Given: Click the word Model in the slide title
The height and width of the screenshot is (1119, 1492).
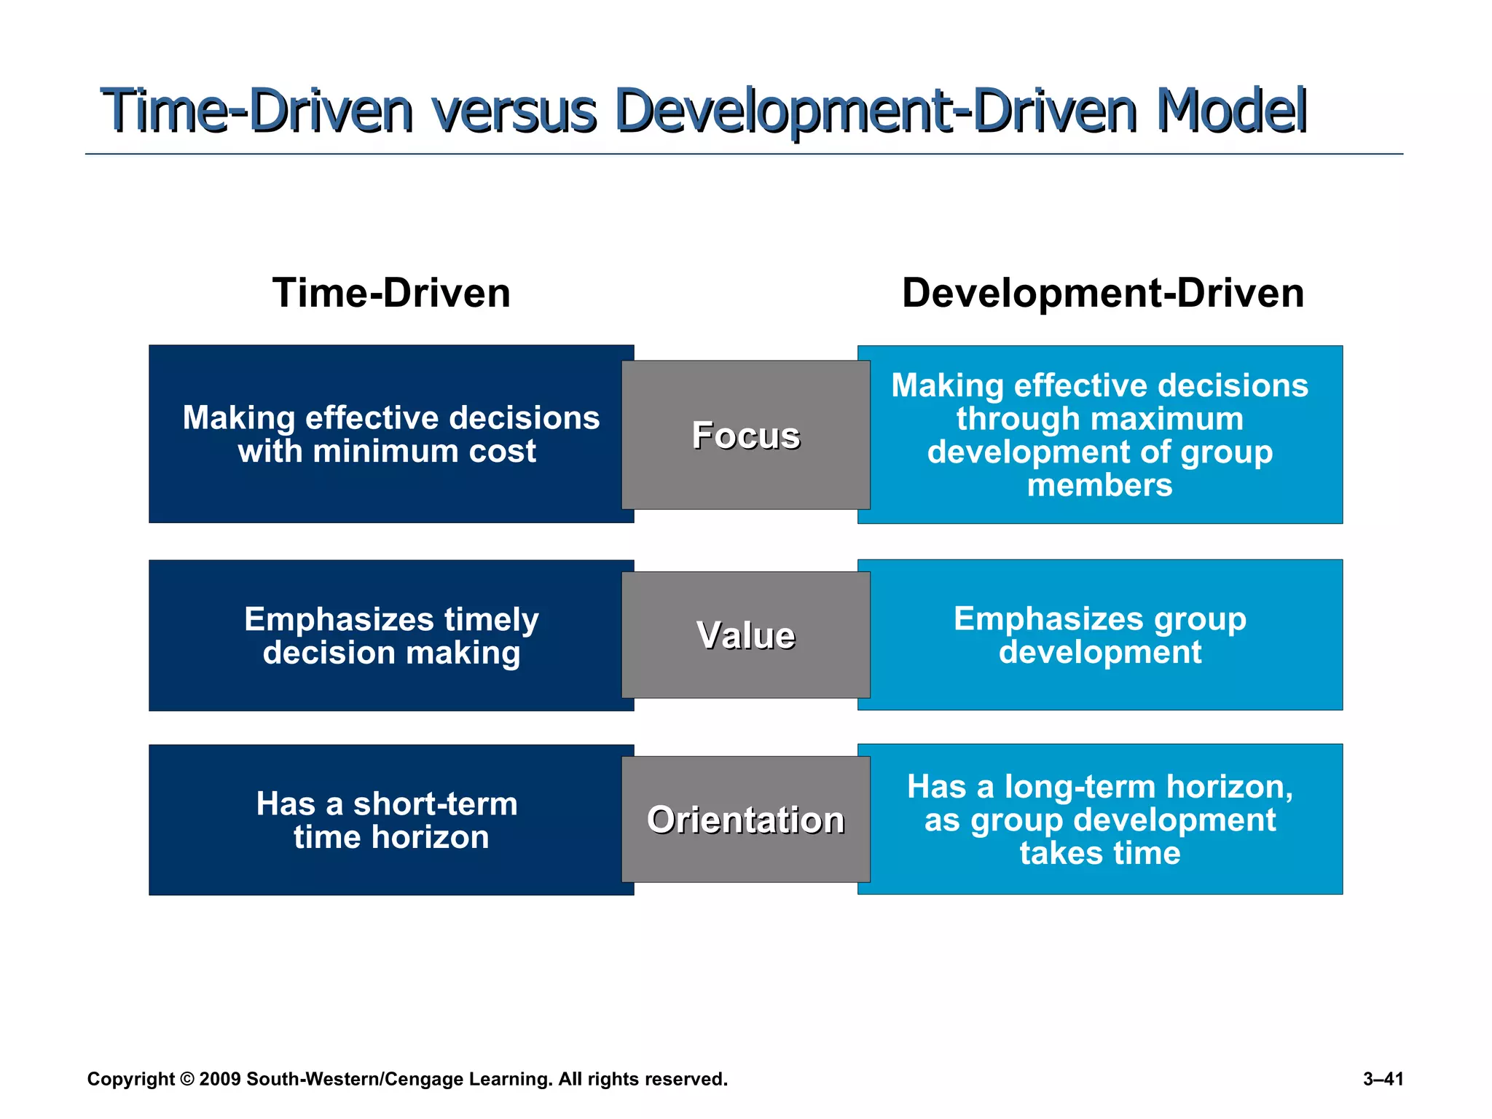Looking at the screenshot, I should click(1231, 111).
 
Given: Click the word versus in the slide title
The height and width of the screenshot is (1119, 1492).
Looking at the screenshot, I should click(514, 111).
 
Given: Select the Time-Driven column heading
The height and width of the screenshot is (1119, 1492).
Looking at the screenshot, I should click(391, 293).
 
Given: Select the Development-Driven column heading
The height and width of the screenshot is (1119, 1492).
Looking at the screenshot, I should click(1102, 293).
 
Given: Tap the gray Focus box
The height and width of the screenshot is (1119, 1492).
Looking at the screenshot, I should click(745, 435).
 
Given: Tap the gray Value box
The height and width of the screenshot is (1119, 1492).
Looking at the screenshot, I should click(745, 635).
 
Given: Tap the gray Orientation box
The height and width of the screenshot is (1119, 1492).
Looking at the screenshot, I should click(745, 820).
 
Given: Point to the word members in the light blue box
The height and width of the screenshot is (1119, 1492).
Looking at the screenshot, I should click(1099, 485).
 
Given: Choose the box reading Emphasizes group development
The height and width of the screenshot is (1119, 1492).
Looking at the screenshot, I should click(1099, 635).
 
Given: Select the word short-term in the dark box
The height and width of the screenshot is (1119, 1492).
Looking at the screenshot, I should click(435, 804).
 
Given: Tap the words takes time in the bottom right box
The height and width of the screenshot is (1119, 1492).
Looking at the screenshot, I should click(1099, 853).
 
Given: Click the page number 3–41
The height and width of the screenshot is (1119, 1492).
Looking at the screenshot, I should click(1383, 1079).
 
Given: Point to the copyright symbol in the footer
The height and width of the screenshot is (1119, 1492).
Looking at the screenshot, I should click(187, 1079).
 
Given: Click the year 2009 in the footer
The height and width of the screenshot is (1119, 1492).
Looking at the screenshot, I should click(219, 1079).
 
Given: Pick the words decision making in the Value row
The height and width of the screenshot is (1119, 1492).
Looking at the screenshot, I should click(391, 653).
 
